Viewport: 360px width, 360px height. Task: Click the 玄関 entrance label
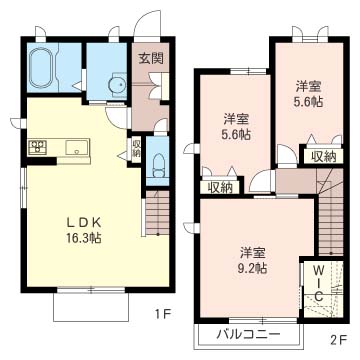[x=151, y=59]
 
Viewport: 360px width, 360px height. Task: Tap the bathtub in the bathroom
[x=41, y=68]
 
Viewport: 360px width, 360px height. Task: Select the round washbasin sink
[x=117, y=86]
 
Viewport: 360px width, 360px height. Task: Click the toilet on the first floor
[x=158, y=165]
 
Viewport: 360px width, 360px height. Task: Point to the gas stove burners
[x=37, y=147]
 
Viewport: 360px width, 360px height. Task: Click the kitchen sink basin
[x=77, y=147]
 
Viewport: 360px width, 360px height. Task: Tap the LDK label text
[x=84, y=222]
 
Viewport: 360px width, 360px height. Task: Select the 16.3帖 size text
[x=84, y=237]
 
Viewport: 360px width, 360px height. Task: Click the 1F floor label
[x=163, y=314]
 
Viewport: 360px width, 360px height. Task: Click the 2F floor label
[x=338, y=340]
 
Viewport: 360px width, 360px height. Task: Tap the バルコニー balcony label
[x=248, y=334]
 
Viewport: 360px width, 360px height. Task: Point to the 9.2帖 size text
[x=253, y=268]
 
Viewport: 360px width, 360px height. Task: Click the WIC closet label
[x=319, y=282]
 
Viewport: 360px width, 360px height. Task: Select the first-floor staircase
[x=157, y=213]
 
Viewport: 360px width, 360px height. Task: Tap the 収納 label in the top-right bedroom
[x=323, y=156]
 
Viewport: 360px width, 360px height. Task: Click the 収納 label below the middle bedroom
[x=219, y=188]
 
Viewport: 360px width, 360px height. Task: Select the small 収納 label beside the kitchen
[x=136, y=148]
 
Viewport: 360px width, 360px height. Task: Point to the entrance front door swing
[x=147, y=23]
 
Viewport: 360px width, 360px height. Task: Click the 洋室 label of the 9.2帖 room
[x=253, y=253]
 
